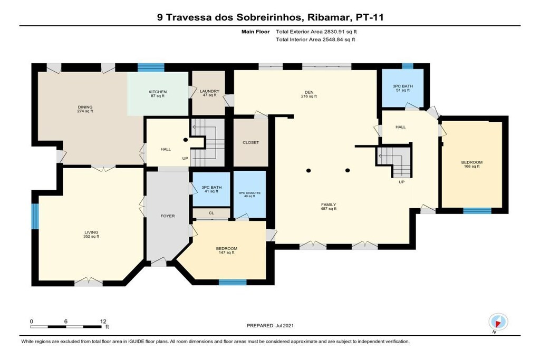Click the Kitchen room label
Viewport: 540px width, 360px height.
157,94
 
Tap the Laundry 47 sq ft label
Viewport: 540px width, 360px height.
209,93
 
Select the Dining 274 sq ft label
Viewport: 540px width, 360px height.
85,109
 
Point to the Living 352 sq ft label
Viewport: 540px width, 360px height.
91,235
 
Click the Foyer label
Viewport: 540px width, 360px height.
168,216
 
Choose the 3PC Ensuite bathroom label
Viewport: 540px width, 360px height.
249,194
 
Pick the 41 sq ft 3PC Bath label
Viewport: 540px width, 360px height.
211,189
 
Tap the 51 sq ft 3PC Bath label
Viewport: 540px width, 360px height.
402,88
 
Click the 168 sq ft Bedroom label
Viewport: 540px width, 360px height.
472,164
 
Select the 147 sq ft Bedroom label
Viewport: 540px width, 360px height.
227,250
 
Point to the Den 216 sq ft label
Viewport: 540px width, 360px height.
309,94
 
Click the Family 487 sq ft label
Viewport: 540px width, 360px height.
329,207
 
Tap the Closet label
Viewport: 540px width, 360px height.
250,142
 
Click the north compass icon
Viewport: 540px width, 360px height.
498,323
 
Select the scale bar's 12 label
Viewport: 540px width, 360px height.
103,322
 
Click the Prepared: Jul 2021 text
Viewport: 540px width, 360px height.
271,326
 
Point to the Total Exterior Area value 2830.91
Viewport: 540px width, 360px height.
334,32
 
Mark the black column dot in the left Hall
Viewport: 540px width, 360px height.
185,140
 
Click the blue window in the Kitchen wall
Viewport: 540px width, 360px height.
151,67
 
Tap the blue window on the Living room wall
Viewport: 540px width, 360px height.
35,216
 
